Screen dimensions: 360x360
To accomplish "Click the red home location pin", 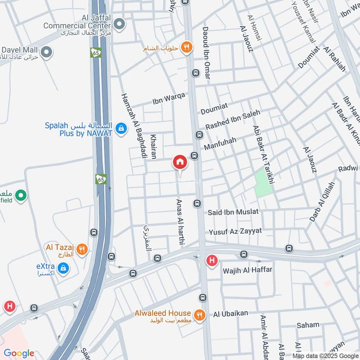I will pyautogui.click(x=180, y=162).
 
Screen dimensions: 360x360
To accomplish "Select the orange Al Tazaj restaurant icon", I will pyautogui.click(x=82, y=249).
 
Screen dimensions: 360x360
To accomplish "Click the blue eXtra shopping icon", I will pyautogui.click(x=63, y=269).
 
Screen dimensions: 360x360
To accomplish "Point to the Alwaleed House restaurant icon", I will pyautogui.click(x=199, y=313).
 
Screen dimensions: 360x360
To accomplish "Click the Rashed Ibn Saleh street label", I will pyautogui.click(x=233, y=121).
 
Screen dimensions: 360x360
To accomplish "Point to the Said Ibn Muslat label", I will pyautogui.click(x=233, y=211).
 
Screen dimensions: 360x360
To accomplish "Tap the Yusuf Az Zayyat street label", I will pyautogui.click(x=235, y=231).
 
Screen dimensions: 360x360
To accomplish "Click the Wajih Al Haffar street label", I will pyautogui.click(x=247, y=271).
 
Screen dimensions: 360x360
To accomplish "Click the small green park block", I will pyautogui.click(x=264, y=183).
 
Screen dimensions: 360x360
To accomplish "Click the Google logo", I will pyautogui.click(x=19, y=353).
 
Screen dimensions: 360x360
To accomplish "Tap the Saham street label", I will pyautogui.click(x=308, y=325).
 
